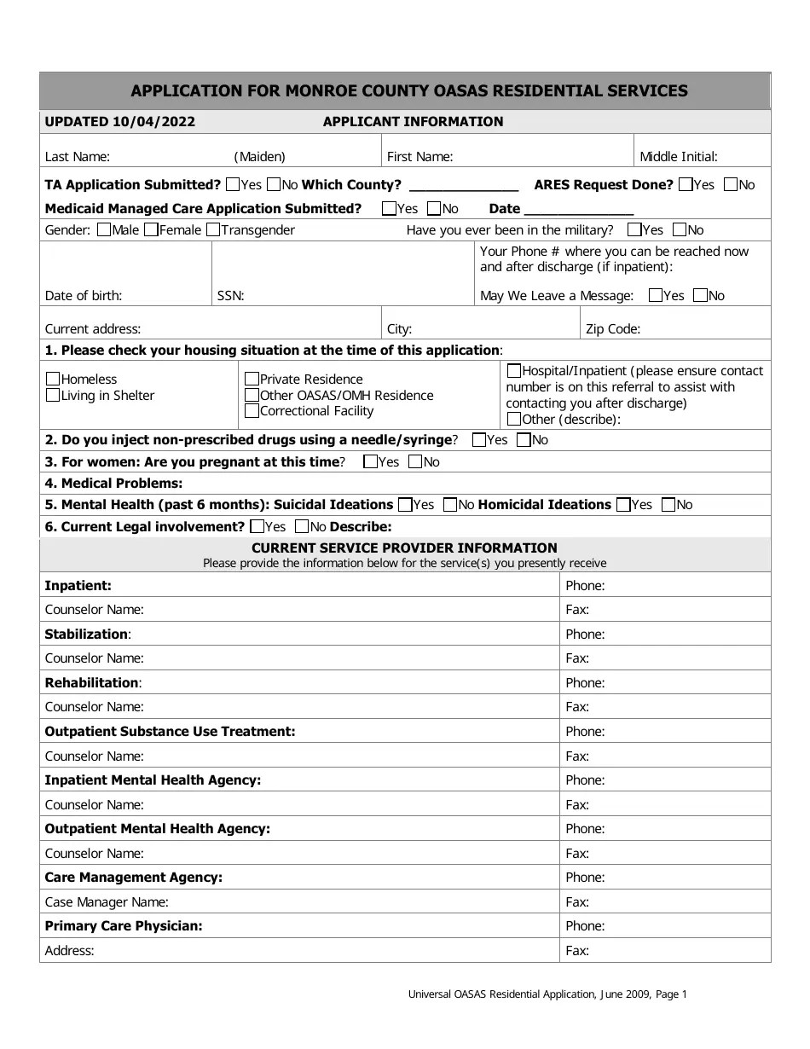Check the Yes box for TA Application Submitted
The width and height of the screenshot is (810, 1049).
pyautogui.click(x=233, y=184)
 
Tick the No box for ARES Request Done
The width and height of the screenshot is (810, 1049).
pyautogui.click(x=731, y=184)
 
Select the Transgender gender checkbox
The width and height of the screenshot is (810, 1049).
pyautogui.click(x=214, y=229)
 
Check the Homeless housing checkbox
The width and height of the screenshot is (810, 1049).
pyautogui.click(x=53, y=379)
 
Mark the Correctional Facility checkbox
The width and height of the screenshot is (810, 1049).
pyautogui.click(x=252, y=411)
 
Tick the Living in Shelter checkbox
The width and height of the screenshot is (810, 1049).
pyautogui.click(x=53, y=395)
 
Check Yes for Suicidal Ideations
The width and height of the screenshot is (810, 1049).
pyautogui.click(x=406, y=504)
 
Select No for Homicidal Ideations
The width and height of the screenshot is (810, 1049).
pyautogui.click(x=668, y=504)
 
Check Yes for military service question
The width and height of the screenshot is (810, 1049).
pyautogui.click(x=634, y=229)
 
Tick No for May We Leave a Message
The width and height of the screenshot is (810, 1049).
pyautogui.click(x=700, y=295)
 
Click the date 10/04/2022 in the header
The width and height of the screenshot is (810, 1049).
pyautogui.click(x=153, y=122)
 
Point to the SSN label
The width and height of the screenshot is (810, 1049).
pyautogui.click(x=230, y=296)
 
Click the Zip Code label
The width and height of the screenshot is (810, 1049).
pyautogui.click(x=612, y=329)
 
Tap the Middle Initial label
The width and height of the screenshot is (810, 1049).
pyautogui.click(x=679, y=157)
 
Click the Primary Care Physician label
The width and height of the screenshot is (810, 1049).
pyautogui.click(x=124, y=926)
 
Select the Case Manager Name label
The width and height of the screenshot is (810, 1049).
pyautogui.click(x=107, y=902)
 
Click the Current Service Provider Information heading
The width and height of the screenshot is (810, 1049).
pyautogui.click(x=404, y=548)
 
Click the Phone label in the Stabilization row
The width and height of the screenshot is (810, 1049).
pyautogui.click(x=585, y=635)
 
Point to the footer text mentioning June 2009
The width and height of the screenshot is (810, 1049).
pyautogui.click(x=547, y=994)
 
